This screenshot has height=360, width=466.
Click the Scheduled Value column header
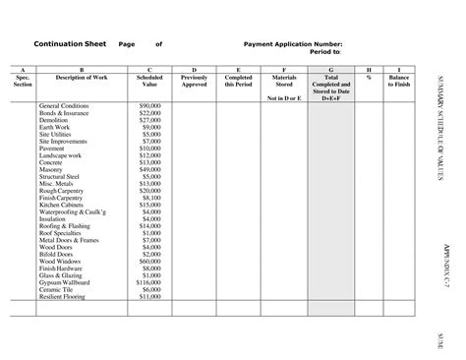click(150, 81)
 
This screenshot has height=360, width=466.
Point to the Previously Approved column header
click(195, 81)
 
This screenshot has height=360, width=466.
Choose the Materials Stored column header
click(283, 81)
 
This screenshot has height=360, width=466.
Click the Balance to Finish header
click(399, 81)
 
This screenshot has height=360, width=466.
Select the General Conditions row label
click(64, 105)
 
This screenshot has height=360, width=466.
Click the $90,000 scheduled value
click(149, 105)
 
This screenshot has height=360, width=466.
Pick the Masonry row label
click(52, 169)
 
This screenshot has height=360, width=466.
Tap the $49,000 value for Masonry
click(149, 169)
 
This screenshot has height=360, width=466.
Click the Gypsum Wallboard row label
click(66, 281)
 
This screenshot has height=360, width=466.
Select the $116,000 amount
click(147, 281)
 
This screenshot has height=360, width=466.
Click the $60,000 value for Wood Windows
click(149, 260)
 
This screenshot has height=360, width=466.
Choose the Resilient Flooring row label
click(64, 296)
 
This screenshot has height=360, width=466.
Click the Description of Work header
click(82, 77)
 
